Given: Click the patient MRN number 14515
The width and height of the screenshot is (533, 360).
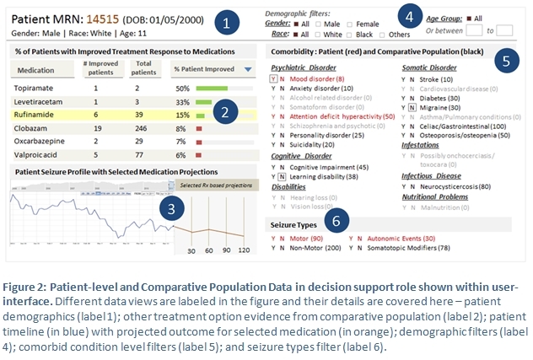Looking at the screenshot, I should tap(102, 18).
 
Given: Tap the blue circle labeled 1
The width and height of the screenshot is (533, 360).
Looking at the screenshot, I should tap(227, 23).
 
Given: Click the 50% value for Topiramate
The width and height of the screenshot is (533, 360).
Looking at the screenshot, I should tap(181, 88).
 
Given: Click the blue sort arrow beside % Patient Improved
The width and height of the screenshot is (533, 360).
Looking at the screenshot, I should tap(247, 70).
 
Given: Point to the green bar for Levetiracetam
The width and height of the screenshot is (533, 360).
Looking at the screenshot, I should tap(203, 101).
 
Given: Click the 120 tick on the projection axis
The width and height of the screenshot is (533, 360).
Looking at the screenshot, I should tap(245, 251).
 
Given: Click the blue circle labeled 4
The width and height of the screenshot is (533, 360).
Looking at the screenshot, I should tap(410, 16).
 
